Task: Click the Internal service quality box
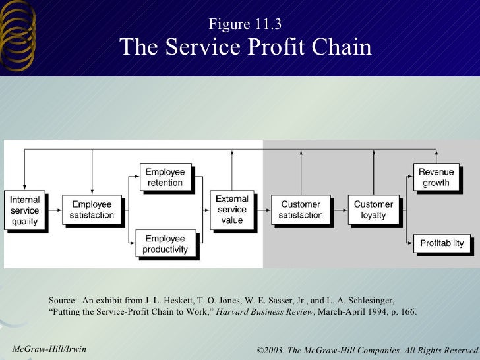point(25,210)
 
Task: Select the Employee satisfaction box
point(92,210)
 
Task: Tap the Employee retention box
point(165,177)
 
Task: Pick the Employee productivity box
point(165,243)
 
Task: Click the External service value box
point(231,210)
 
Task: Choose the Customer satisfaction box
point(301,210)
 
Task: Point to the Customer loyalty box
point(373,210)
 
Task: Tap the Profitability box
point(442,243)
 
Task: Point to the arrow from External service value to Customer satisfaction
point(262,210)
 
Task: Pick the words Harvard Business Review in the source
point(265,311)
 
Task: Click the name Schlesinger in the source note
point(369,299)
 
